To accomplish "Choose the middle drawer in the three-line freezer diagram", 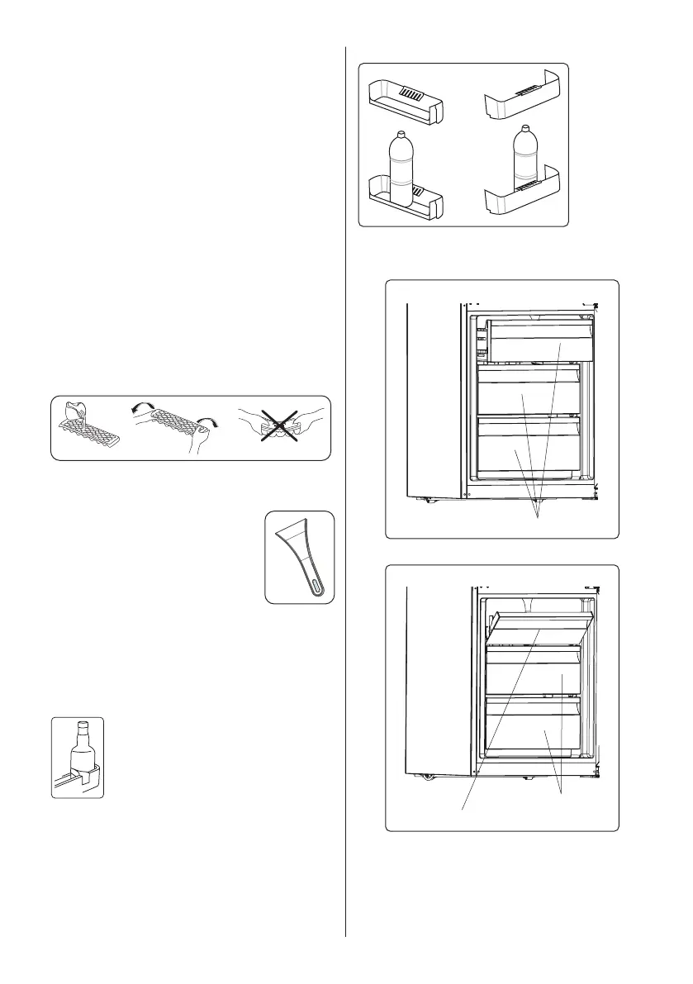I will [x=529, y=395].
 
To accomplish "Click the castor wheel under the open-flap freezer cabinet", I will [x=427, y=776].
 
